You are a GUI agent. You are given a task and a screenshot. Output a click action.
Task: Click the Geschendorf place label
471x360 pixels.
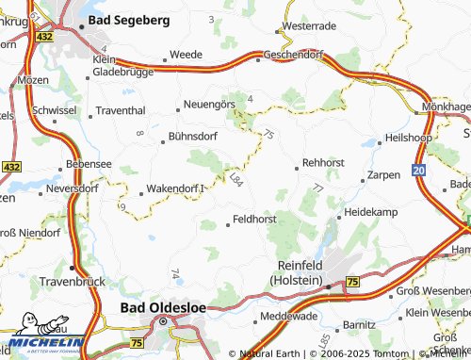(295, 56)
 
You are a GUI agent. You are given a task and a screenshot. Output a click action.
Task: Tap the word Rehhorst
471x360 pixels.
(324, 162)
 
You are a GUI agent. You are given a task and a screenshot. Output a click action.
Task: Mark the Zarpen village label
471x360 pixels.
(383, 174)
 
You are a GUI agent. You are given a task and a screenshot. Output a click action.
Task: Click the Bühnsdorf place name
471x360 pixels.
(194, 136)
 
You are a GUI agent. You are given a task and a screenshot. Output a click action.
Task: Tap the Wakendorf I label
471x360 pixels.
(176, 189)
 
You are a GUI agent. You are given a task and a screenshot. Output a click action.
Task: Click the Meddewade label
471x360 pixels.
(287, 316)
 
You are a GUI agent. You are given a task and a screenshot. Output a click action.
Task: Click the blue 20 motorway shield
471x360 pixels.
(417, 170)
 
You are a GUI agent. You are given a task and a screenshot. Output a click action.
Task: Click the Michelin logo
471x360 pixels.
(41, 343)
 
